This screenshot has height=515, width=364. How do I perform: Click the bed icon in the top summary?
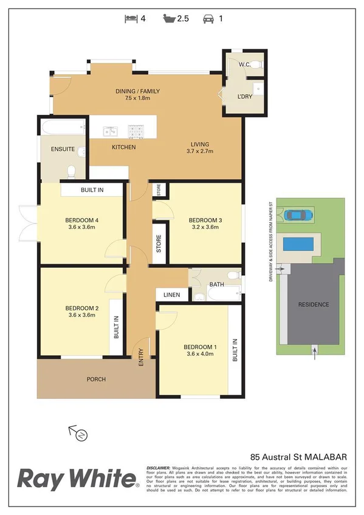click(131, 18)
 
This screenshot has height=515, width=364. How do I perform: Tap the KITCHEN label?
click(123, 148)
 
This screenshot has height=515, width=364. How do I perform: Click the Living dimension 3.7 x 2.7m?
click(200, 151)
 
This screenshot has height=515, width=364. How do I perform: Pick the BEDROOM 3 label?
click(203, 220)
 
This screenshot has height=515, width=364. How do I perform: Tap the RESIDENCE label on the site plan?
click(313, 305)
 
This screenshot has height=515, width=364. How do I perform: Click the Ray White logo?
click(77, 479)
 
